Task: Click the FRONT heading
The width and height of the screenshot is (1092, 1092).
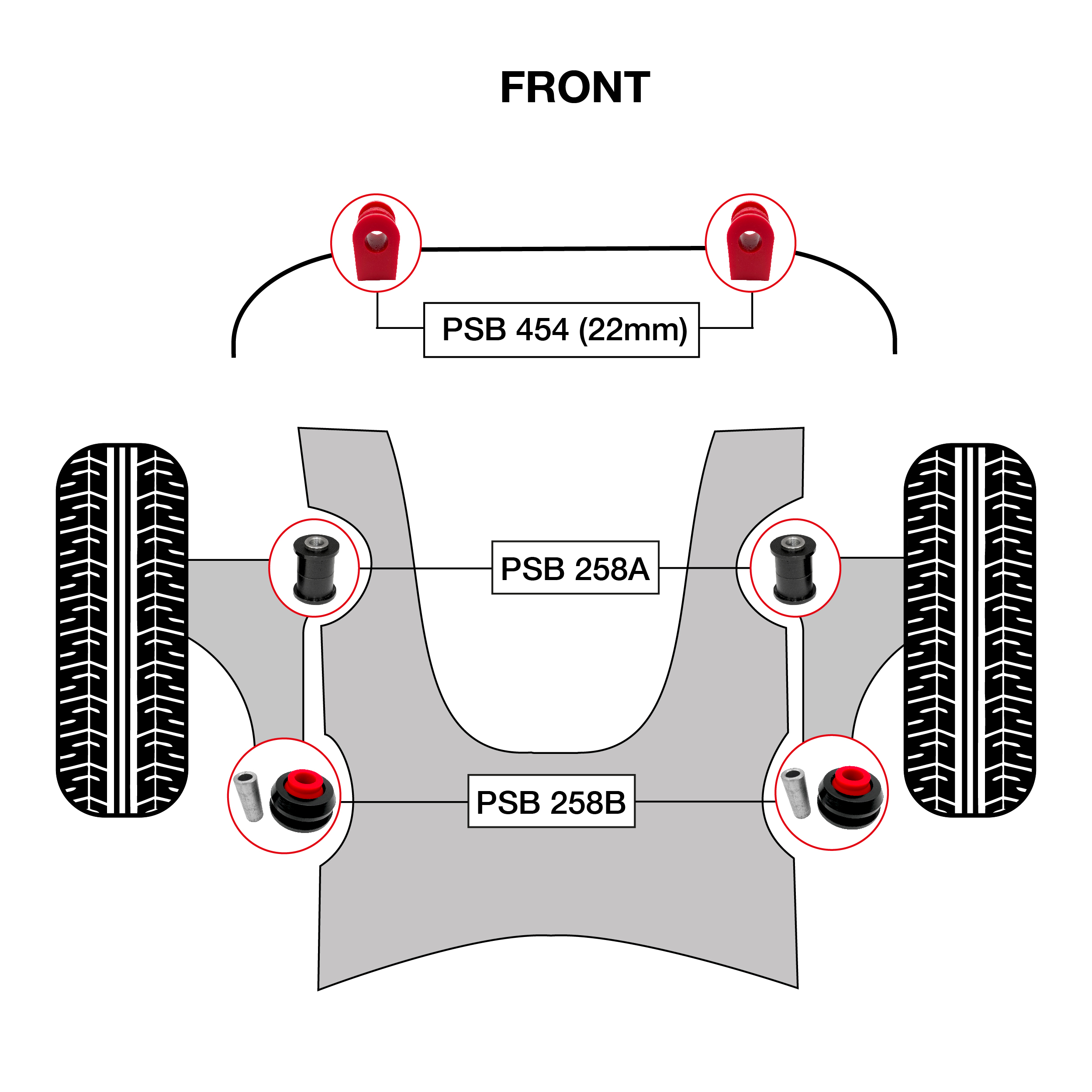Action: tap(575, 88)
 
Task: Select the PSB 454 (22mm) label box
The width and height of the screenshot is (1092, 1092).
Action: tap(561, 330)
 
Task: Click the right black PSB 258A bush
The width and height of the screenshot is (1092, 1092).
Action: tap(794, 569)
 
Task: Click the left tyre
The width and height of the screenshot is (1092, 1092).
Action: tap(122, 630)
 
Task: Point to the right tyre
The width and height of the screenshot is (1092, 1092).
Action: tap(970, 630)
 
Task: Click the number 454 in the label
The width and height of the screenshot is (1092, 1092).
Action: tap(542, 330)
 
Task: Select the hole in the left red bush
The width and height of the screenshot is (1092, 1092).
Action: tap(375, 242)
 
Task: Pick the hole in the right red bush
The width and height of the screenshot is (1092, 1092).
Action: tap(749, 242)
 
